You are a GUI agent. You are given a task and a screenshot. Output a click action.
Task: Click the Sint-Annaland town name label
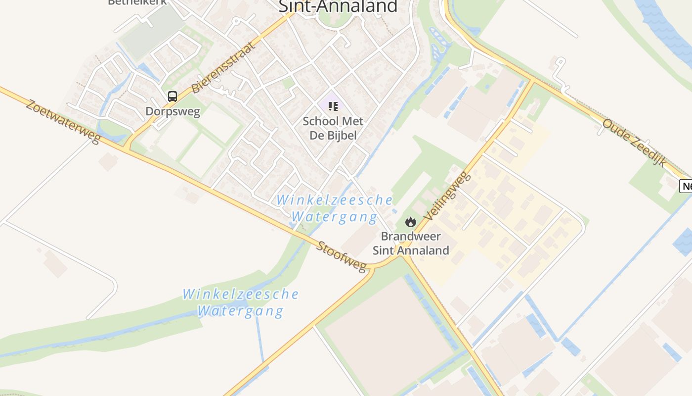coord(338,6)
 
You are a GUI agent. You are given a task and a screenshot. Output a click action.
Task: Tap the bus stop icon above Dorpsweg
coord(172,97)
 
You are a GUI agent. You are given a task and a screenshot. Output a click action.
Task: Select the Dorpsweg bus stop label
coord(173,111)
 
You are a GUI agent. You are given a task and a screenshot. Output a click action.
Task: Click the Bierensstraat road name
coord(223,68)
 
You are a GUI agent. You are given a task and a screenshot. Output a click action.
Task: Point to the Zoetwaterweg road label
coord(63,122)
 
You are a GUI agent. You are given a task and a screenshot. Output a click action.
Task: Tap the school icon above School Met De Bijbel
coord(333,106)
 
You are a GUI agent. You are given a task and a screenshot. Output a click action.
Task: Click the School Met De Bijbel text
coord(333,128)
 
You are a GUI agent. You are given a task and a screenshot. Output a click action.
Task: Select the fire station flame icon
coord(410,222)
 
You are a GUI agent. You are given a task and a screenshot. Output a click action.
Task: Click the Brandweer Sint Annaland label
coord(411,243)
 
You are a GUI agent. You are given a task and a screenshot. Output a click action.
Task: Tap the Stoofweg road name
coord(342,256)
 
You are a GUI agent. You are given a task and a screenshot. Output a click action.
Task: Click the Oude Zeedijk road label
coord(634,143)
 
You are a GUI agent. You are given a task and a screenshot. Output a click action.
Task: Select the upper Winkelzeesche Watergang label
coord(334,208)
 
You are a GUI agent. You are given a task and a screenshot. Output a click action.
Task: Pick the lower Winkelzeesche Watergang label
coord(241,302)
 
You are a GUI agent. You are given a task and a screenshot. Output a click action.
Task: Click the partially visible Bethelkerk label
coord(137,2)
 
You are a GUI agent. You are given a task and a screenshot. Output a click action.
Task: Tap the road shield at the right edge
coord(687,186)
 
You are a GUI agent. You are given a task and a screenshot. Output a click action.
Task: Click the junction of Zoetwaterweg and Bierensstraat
coord(127,147)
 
